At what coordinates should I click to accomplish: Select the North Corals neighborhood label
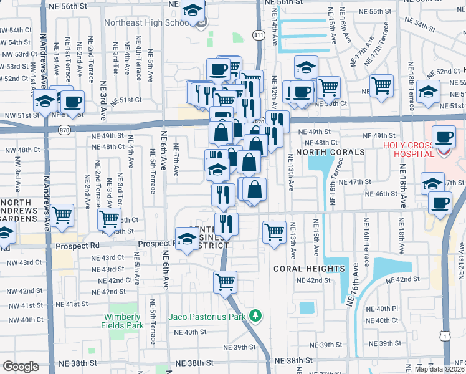click(330, 153)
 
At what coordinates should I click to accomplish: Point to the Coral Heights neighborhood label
click(309, 269)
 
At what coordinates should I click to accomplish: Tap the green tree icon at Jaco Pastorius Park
click(254, 316)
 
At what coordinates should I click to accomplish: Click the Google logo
click(21, 367)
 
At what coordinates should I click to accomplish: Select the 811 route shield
click(258, 35)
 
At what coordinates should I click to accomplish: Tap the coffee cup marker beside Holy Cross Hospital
click(444, 137)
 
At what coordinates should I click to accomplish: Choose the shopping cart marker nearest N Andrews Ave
click(62, 216)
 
